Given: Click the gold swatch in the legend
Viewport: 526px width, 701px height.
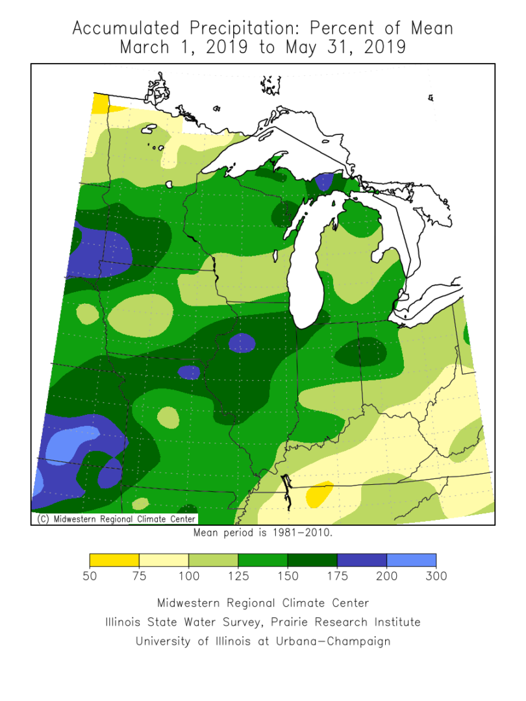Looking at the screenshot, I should click(114, 560).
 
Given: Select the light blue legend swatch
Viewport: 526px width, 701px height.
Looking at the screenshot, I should click(411, 560).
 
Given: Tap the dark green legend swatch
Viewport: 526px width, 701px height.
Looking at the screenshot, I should click(312, 560).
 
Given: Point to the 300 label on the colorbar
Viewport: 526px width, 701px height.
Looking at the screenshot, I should click(436, 576).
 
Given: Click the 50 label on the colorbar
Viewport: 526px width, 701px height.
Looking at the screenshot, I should click(90, 576).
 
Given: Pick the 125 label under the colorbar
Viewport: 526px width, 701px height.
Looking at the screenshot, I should click(238, 576).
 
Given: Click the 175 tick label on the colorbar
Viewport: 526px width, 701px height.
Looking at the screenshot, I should click(337, 576).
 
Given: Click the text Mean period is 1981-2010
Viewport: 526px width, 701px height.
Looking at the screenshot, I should click(263, 533).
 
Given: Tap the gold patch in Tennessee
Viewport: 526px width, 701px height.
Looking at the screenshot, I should click(319, 494).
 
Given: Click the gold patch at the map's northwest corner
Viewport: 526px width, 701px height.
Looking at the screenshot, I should click(100, 103).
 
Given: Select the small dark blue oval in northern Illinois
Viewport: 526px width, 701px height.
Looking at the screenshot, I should click(242, 342).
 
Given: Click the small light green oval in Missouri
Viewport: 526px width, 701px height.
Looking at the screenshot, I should click(168, 417).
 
